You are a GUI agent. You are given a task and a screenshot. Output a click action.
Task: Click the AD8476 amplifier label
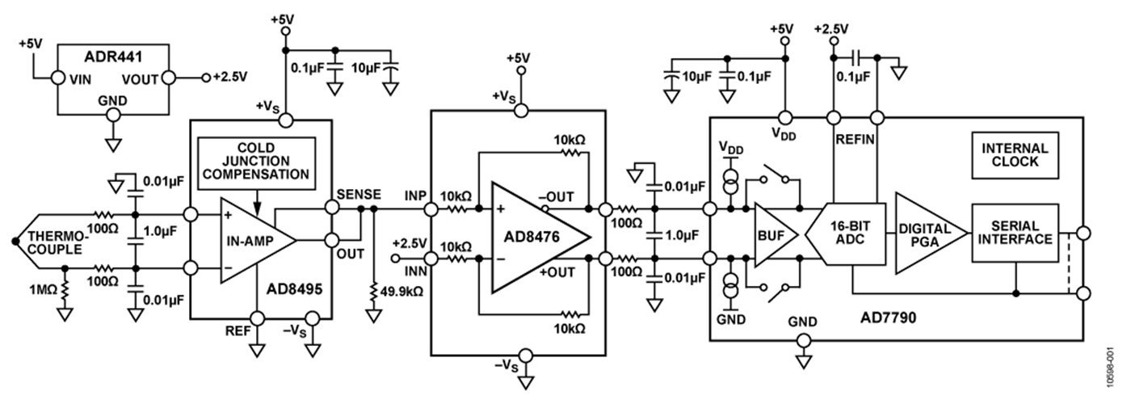point(529,241)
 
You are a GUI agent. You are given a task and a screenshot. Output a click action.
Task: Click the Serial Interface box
point(1014,233)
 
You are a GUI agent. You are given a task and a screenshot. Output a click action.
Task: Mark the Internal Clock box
point(1015,154)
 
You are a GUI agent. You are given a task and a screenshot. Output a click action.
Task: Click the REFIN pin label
point(854,139)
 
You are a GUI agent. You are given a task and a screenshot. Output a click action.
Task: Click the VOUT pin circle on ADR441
point(170,78)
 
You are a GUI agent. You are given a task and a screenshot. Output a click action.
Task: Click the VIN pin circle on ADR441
point(57,78)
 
